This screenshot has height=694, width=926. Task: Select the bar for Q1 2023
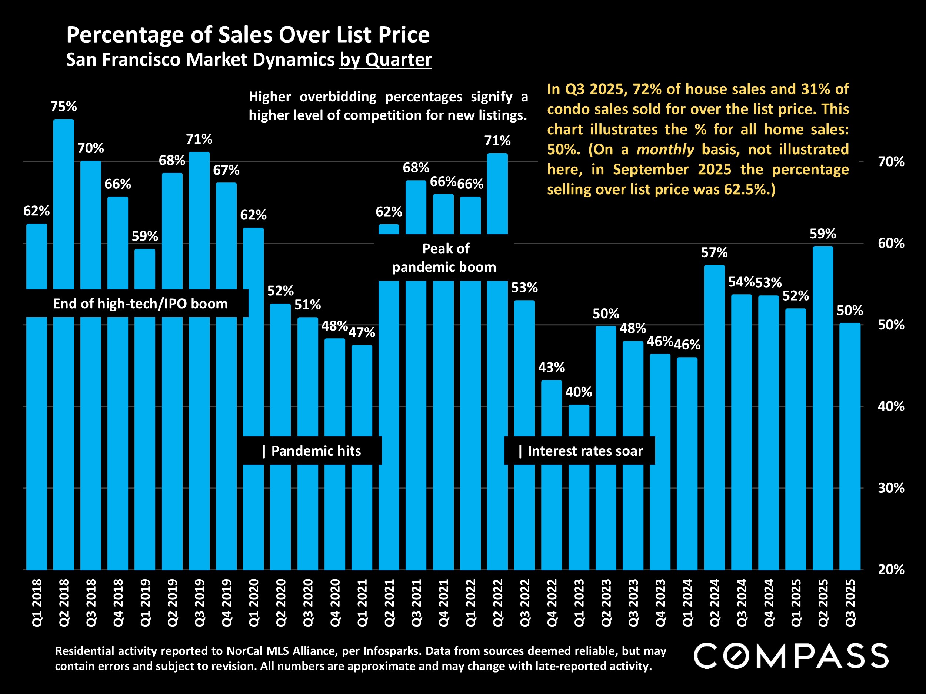(579, 502)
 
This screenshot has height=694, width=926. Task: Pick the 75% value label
(64, 107)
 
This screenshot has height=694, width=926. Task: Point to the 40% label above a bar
(579, 392)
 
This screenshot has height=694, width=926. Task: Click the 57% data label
(714, 253)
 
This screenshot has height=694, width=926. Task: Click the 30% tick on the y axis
(891, 488)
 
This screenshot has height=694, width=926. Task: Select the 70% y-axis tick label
(891, 161)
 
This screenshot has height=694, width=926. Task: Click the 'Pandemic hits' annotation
(312, 451)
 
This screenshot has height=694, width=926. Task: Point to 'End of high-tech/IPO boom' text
(140, 304)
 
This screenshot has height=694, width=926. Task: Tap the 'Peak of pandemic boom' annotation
(444, 258)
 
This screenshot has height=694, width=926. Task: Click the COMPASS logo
(791, 656)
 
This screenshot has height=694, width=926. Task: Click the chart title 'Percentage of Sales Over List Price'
(248, 35)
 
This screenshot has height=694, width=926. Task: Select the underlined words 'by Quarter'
(386, 59)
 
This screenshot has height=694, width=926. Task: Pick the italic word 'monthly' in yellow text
(665, 149)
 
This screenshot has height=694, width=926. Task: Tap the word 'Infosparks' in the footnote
(392, 651)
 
